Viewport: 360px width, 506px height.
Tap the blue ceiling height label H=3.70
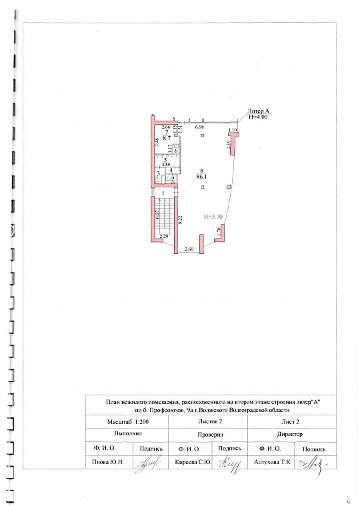pos(215,217)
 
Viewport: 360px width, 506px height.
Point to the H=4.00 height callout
pos(257,117)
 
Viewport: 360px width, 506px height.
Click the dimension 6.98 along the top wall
pos(199,126)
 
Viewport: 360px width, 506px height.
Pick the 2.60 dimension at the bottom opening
pos(189,249)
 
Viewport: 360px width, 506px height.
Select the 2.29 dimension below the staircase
pos(163,237)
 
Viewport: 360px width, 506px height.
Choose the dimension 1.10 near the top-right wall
pos(233,129)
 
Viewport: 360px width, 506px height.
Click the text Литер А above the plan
pos(257,111)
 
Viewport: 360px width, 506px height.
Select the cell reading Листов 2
pos(211,422)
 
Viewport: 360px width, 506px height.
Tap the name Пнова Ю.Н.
pos(109,461)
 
